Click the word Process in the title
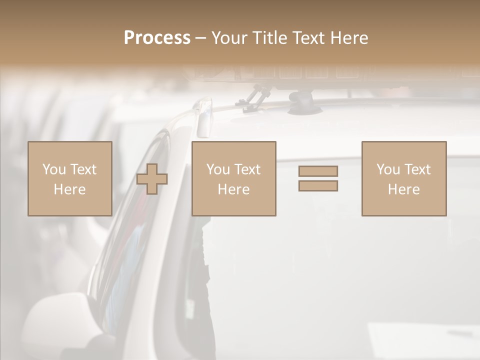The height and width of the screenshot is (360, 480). (x=157, y=38)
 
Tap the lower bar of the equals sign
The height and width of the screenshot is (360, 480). (x=318, y=185)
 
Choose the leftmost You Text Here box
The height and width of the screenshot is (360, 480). (x=69, y=178)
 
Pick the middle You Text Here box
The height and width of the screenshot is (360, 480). (x=233, y=178)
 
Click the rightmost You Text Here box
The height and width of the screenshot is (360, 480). (x=403, y=178)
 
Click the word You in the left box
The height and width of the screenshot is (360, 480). (x=53, y=169)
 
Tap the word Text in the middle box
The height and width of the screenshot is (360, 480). (x=247, y=169)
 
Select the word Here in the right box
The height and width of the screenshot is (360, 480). (x=403, y=189)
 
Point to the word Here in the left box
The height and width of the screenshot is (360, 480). (x=69, y=189)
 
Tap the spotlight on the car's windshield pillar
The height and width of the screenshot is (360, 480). (x=204, y=117)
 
